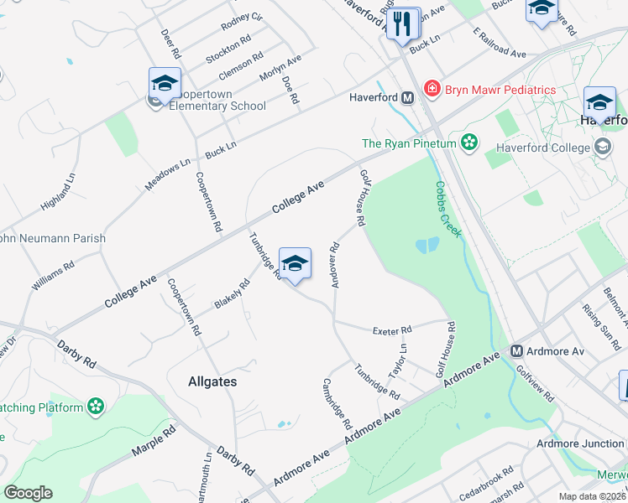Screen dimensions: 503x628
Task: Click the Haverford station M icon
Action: (407, 98)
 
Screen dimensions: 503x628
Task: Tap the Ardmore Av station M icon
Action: (517, 350)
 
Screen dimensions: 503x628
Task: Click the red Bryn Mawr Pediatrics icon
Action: (432, 89)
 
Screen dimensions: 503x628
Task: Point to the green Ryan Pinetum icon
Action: (469, 143)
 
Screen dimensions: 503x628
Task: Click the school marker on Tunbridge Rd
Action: (295, 265)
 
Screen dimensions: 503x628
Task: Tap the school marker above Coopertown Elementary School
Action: (165, 84)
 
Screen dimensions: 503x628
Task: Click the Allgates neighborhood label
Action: (212, 381)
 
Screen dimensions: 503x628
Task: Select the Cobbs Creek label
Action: (447, 209)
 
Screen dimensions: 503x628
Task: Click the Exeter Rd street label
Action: (392, 330)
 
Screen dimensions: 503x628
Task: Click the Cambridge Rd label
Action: (337, 403)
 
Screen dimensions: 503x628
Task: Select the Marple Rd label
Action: (153, 441)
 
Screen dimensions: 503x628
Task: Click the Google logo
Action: (28, 493)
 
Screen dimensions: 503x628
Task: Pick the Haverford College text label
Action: (543, 148)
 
